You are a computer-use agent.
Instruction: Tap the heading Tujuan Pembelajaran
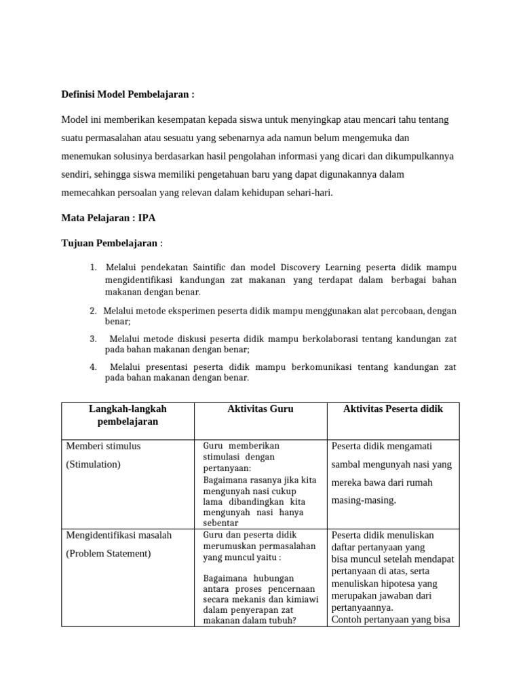point(110,244)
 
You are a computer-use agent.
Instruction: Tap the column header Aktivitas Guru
point(260,409)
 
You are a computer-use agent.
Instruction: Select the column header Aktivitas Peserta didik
point(393,409)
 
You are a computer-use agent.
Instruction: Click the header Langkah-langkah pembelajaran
point(128,415)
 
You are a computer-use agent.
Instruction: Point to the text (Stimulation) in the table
point(93,464)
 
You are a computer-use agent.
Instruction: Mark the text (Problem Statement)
point(109,553)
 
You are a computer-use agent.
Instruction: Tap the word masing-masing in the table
point(364,500)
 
